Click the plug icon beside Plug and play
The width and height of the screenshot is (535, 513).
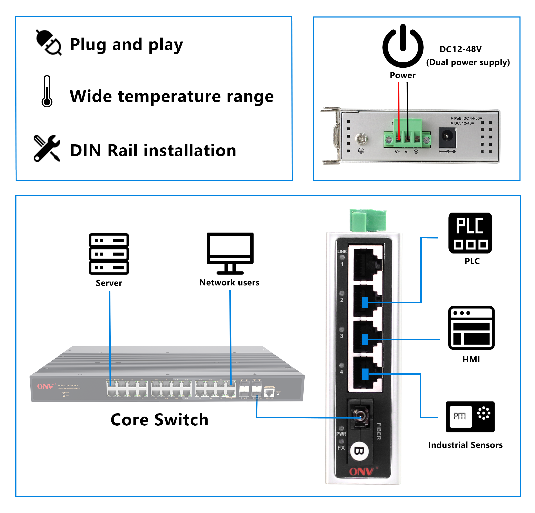click(49, 43)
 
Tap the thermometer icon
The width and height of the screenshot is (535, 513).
click(47, 91)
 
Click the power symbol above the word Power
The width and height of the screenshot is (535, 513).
click(403, 46)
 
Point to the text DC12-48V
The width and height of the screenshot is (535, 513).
click(461, 49)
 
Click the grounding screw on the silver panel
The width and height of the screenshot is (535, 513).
click(361, 139)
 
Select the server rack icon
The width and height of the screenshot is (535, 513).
click(109, 254)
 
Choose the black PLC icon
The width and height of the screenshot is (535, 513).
click(470, 233)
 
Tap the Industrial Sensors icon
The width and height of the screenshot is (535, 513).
click(470, 417)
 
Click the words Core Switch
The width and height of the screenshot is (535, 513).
click(159, 420)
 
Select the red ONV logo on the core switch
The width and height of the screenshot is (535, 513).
click(45, 386)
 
